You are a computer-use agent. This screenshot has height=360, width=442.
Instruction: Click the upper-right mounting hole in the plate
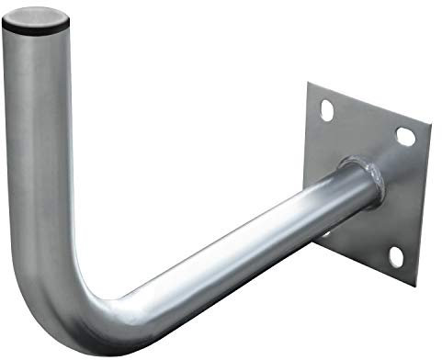[404, 137]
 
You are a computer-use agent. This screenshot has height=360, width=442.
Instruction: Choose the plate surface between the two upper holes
[365, 124]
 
